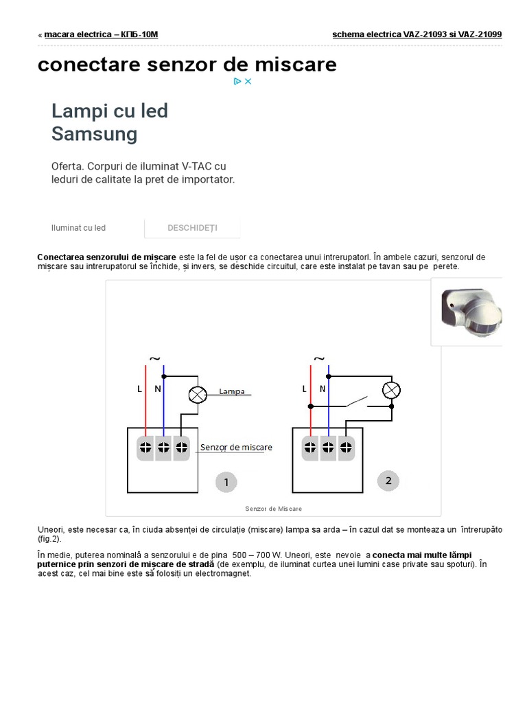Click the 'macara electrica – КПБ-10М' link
click(x=101, y=34)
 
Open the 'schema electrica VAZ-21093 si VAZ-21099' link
click(x=417, y=34)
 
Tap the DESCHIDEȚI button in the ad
click(x=192, y=228)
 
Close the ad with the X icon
click(x=248, y=81)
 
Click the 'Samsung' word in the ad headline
click(x=94, y=134)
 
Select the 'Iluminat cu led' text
click(x=78, y=228)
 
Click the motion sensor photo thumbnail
click(x=467, y=312)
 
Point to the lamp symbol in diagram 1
click(x=198, y=395)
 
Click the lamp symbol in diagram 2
click(x=391, y=390)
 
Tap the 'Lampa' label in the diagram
click(x=232, y=391)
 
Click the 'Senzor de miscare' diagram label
click(x=236, y=447)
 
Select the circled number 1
click(x=226, y=482)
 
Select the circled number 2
click(x=388, y=481)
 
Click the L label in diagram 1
click(x=139, y=389)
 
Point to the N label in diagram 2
click(x=323, y=389)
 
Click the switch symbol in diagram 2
click(x=356, y=402)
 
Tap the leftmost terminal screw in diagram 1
click(x=145, y=447)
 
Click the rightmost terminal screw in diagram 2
click(x=346, y=447)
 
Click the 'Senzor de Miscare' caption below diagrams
click(x=273, y=509)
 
